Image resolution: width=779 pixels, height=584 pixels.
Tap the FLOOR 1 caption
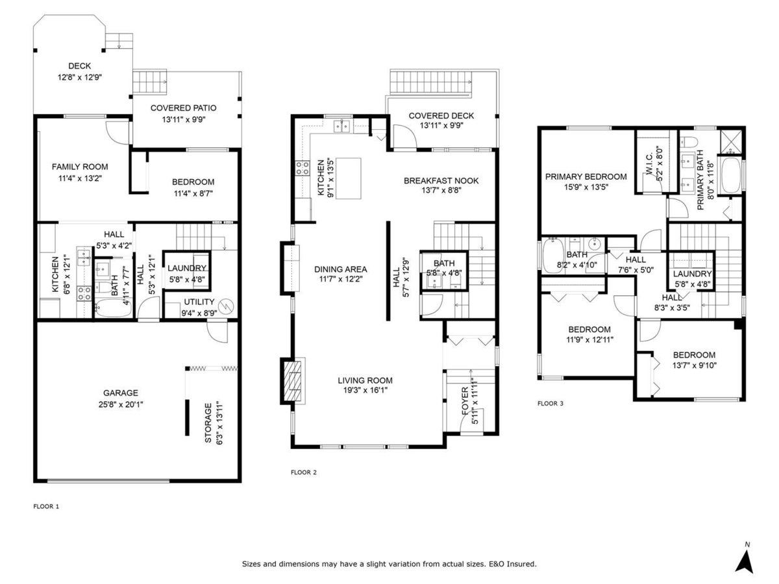point(46,506)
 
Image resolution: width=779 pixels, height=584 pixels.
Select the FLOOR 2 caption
point(303,472)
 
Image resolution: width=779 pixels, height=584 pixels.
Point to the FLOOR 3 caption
point(550,403)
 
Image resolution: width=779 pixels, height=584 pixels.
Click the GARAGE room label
point(121,393)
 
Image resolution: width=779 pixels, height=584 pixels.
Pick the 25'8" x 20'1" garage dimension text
point(121,404)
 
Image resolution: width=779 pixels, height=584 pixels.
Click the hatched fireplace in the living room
point(293,381)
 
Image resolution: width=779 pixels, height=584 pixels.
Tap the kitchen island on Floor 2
point(348,178)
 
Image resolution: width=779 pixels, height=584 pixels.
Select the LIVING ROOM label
point(365,380)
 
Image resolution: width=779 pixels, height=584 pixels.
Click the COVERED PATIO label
point(184,108)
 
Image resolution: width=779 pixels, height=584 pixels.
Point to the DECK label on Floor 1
point(79,66)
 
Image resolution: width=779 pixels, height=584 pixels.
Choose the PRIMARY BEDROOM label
point(586,176)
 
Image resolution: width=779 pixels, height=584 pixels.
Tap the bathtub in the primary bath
point(730,175)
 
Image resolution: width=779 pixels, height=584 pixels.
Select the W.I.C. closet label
point(649,164)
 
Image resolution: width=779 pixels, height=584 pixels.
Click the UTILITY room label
point(199,302)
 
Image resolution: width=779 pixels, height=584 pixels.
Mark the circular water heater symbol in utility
point(226,306)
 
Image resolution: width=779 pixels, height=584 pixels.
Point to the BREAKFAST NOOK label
point(441,180)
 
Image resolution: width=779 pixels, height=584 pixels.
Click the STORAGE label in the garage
point(208,422)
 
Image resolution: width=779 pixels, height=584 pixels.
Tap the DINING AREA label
point(341,269)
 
